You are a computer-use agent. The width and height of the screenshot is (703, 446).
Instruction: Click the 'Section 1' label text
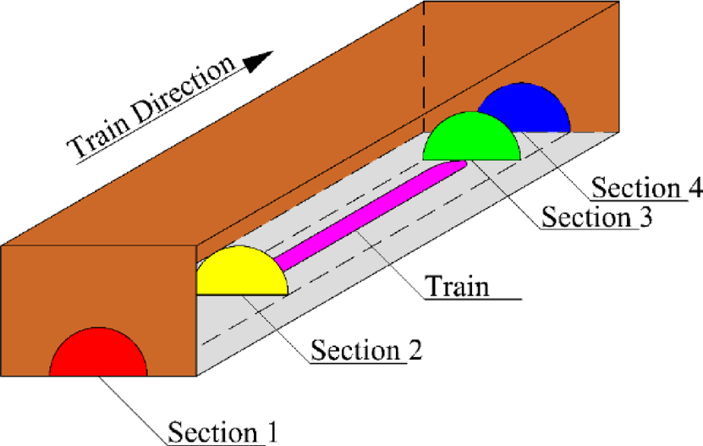pyautogui.click(x=223, y=432)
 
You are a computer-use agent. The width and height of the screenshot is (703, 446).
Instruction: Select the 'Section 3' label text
pyautogui.click(x=597, y=217)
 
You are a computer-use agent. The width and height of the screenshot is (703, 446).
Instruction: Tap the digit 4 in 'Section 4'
pyautogui.click(x=695, y=188)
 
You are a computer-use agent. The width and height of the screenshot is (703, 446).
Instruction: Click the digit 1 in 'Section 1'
pyautogui.click(x=272, y=432)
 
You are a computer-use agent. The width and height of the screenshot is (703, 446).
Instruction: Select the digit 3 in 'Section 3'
pyautogui.click(x=645, y=217)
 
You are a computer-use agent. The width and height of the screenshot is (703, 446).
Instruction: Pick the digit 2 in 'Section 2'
pyautogui.click(x=415, y=349)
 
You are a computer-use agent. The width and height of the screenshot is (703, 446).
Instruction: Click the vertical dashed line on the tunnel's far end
pyautogui.click(x=424, y=68)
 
